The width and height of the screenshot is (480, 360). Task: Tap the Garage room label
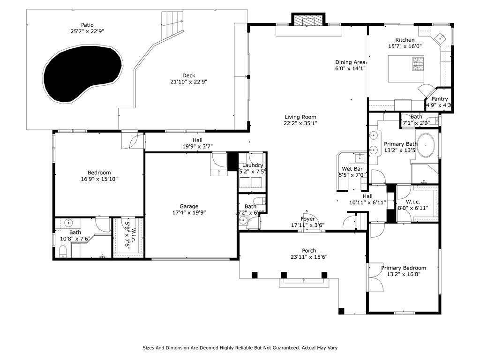[x=189, y=206]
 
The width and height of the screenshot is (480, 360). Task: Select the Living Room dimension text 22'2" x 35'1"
[x=300, y=124]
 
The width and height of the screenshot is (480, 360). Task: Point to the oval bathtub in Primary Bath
[x=426, y=146]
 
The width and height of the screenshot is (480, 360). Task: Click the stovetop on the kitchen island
[x=418, y=64]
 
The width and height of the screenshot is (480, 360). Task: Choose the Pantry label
[x=440, y=99]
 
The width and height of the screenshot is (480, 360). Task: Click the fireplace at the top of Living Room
[x=308, y=20]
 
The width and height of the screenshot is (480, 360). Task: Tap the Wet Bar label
[x=352, y=169]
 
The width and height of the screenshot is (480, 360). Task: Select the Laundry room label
[x=253, y=165]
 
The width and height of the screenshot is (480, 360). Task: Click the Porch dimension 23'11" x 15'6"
[x=308, y=257]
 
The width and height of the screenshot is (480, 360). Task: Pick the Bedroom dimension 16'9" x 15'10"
[x=99, y=179]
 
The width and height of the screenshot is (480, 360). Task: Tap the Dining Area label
[x=350, y=62]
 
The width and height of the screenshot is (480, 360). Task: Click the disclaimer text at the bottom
[x=240, y=348]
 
